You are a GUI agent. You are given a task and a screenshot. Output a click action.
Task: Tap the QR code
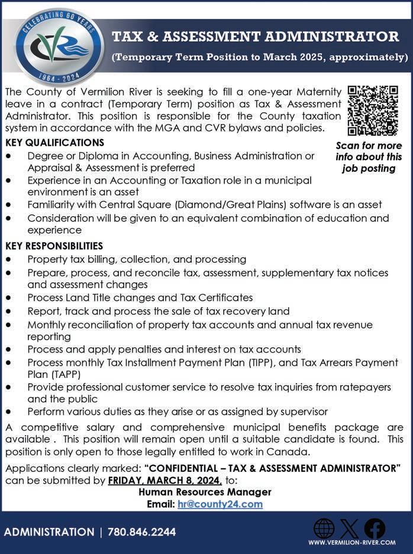pyautogui.click(x=373, y=110)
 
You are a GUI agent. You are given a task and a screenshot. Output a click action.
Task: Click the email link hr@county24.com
pyautogui.click(x=220, y=504)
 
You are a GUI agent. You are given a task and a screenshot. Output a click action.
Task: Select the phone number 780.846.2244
pyautogui.click(x=142, y=532)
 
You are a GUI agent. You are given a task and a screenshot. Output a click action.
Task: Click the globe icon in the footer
pyautogui.click(x=324, y=528)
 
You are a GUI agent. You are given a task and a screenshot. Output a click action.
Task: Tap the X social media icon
pyautogui.click(x=350, y=528)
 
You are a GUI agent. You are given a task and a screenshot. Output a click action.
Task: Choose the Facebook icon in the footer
pyautogui.click(x=375, y=528)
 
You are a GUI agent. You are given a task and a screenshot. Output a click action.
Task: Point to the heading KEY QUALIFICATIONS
pyautogui.click(x=54, y=143)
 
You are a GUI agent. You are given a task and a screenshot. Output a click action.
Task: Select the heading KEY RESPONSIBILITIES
pyautogui.click(x=54, y=246)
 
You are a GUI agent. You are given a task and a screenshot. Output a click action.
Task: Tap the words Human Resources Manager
pyautogui.click(x=205, y=492)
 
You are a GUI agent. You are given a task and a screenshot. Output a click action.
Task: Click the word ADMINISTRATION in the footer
pyautogui.click(x=49, y=532)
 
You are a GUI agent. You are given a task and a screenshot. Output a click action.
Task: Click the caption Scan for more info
pyautogui.click(x=369, y=157)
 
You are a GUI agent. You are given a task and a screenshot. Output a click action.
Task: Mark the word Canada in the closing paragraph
pyautogui.click(x=291, y=452)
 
